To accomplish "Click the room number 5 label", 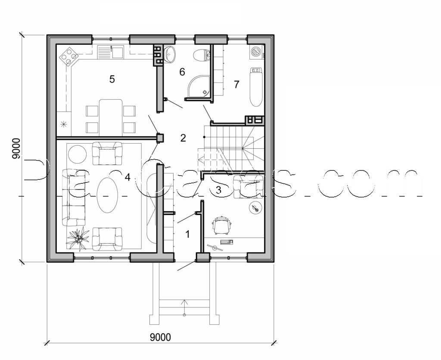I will pyautogui.click(x=112, y=79).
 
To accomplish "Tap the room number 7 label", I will pyautogui.click(x=236, y=85).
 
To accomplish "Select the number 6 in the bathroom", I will pyautogui.click(x=182, y=72).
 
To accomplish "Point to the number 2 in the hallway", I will pyautogui.click(x=183, y=138).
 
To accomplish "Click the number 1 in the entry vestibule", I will pyautogui.click(x=187, y=234).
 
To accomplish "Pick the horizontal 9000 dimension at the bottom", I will pyautogui.click(x=160, y=337).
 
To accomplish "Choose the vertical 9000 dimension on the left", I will pyautogui.click(x=16, y=149).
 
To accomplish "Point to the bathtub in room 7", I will pyautogui.click(x=256, y=86).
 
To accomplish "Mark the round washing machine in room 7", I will pyautogui.click(x=256, y=51).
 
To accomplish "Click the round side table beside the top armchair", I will pyautogui.click(x=78, y=153).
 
